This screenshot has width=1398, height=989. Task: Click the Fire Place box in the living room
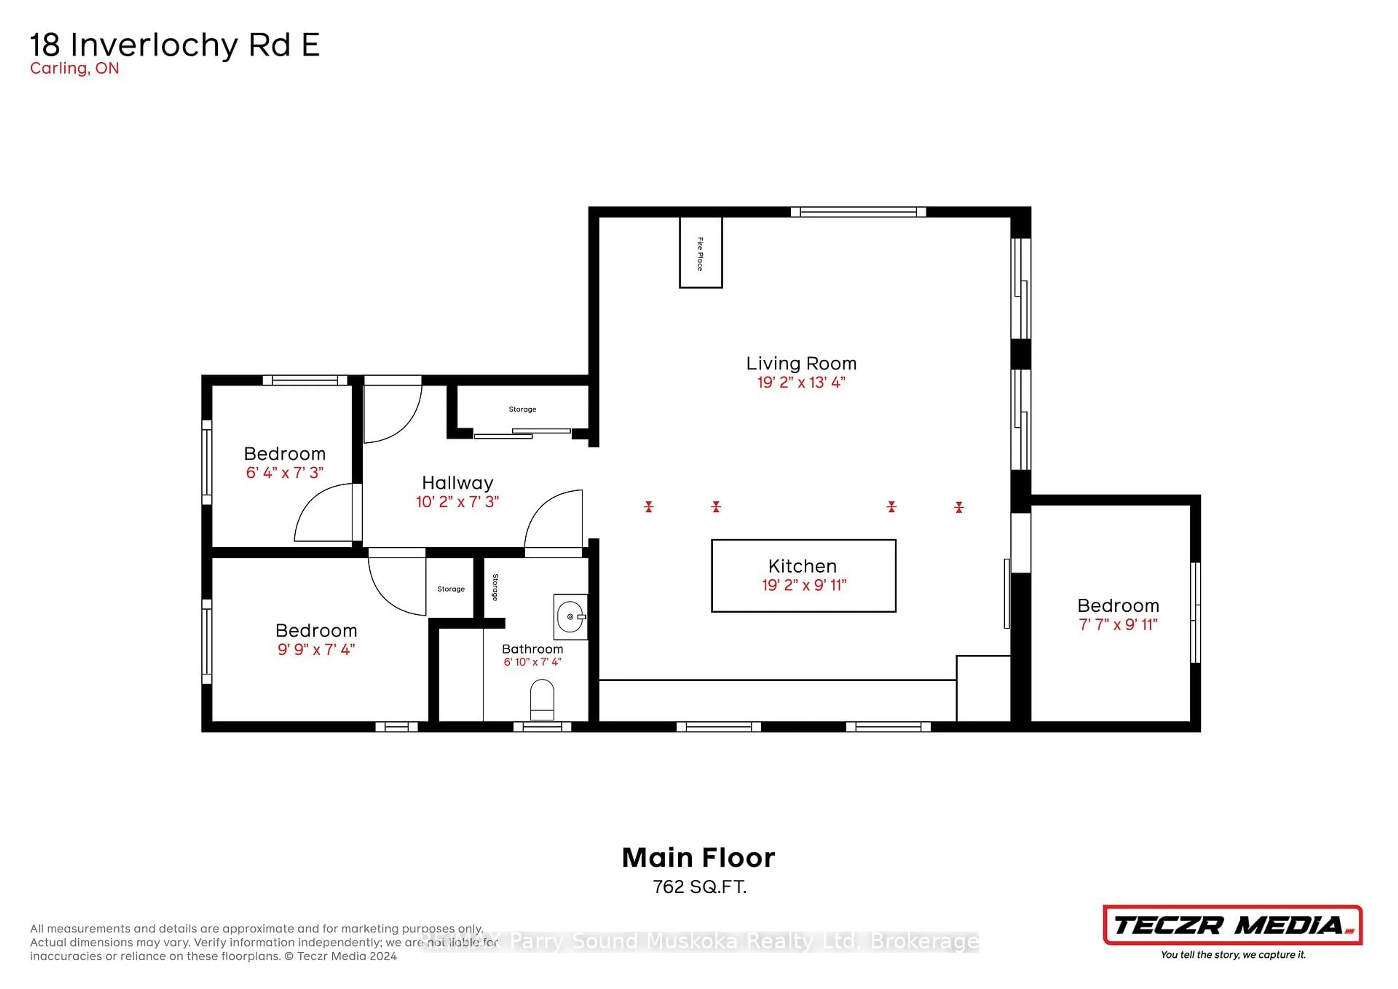701,253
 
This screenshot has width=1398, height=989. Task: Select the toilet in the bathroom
542,700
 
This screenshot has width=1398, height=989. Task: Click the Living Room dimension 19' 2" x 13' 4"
801,382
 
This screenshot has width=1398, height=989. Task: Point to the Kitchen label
802,566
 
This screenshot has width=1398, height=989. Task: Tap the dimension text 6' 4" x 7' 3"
284,473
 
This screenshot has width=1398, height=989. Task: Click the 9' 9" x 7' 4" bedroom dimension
316,649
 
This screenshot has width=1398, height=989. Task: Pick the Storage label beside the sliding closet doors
522,409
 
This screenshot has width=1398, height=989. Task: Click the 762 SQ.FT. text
699,887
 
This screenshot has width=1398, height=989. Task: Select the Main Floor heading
698,858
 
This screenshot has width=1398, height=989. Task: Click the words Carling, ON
74,68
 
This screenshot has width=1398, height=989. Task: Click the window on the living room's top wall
858,212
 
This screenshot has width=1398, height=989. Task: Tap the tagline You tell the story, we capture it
1232,954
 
